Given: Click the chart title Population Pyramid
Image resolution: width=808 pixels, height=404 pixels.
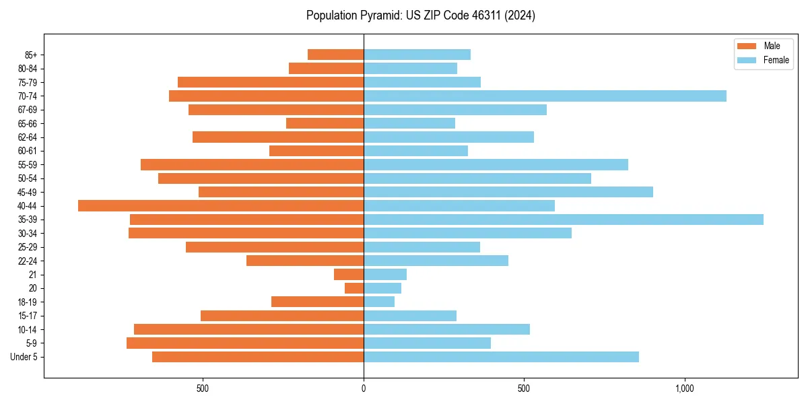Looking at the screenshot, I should tap(420, 15).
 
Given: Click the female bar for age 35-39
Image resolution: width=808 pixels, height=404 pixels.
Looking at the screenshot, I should tap(563, 220).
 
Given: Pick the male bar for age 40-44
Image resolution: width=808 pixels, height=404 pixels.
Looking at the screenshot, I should tap(221, 206).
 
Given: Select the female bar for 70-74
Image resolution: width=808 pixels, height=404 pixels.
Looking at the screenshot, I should tap(545, 96).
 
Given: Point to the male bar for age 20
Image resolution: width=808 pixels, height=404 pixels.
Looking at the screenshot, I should tap(354, 288).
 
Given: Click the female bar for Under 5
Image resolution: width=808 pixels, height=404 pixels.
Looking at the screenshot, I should tap(501, 357).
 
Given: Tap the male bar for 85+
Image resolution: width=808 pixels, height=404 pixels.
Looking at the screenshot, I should tap(335, 55).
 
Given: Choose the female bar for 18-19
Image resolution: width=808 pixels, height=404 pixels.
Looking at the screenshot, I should tap(379, 302).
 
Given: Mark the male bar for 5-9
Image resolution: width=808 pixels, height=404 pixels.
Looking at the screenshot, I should tap(245, 343).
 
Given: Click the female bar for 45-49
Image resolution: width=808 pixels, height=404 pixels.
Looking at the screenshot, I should tap(508, 192).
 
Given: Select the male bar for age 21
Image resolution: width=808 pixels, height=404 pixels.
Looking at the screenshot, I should tap(349, 275).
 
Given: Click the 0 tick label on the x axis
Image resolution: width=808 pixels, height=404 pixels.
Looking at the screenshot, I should tap(364, 389).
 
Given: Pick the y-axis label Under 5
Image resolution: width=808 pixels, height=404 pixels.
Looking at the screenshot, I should tap(24, 357).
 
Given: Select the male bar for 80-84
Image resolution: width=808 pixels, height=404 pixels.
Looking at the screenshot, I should tap(326, 69).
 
